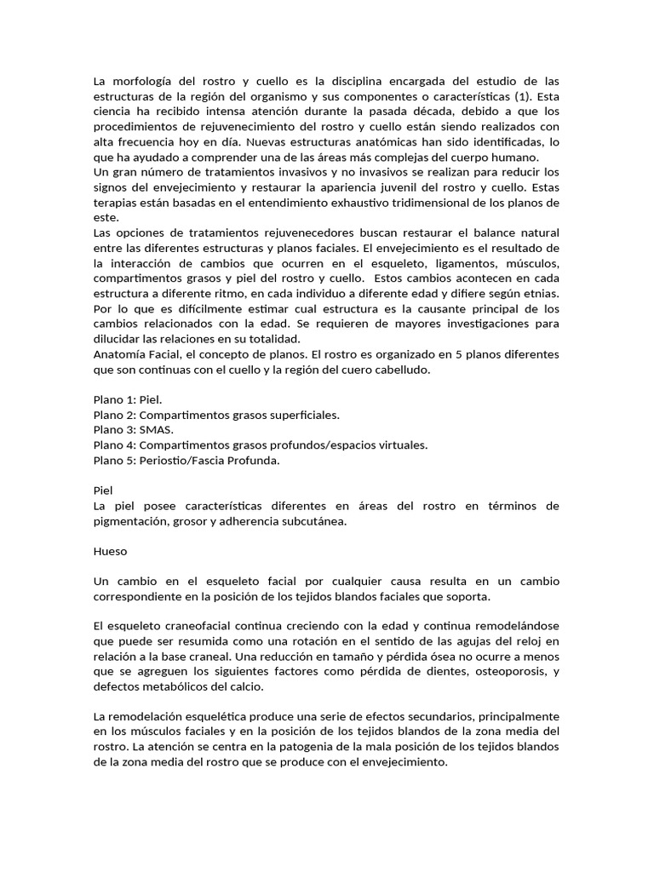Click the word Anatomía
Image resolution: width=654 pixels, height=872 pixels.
(118, 354)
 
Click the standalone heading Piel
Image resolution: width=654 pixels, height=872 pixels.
(103, 490)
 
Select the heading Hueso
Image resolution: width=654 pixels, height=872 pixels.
(110, 551)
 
